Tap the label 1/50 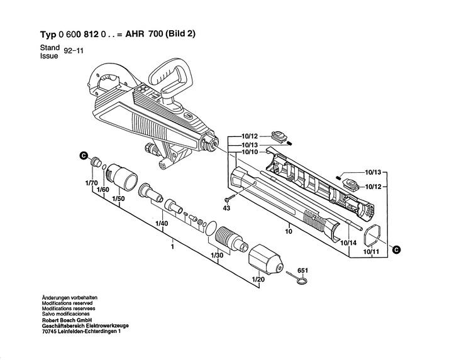point(118,199)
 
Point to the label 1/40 point(161,224)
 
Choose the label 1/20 point(258,279)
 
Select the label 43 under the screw point(226,207)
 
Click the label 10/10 point(250,153)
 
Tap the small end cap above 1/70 point(97,163)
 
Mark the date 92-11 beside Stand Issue point(74,52)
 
